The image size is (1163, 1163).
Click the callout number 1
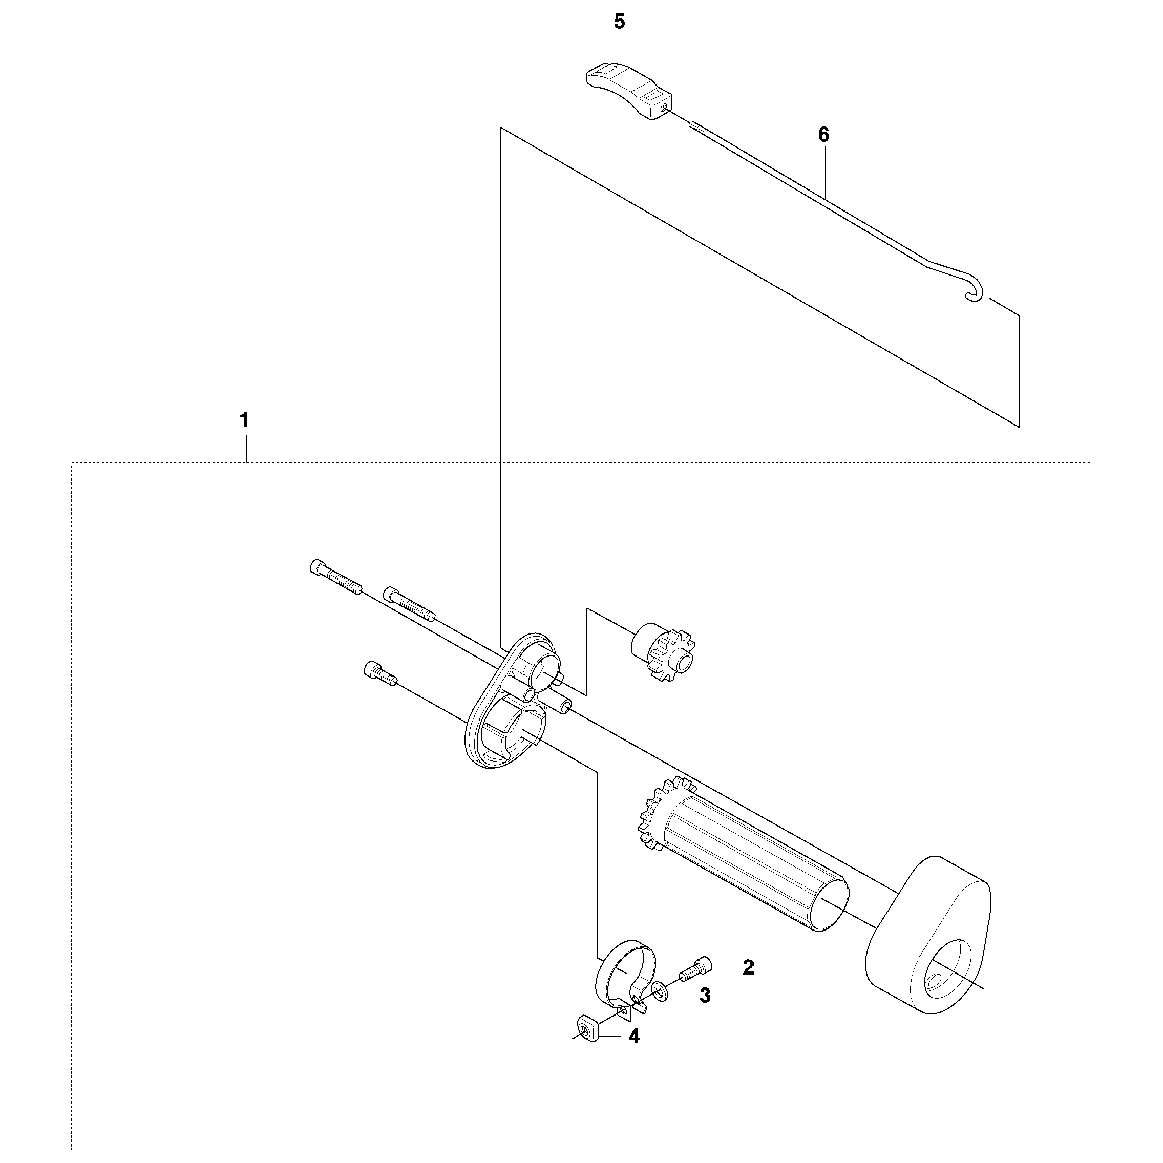[x=244, y=419]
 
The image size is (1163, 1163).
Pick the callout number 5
[x=620, y=22]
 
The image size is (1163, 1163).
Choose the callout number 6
[x=823, y=135]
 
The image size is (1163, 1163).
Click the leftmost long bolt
[x=335, y=576]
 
